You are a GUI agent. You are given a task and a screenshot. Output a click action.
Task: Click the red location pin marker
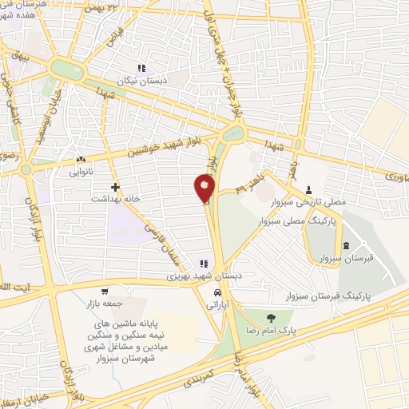click(204, 189)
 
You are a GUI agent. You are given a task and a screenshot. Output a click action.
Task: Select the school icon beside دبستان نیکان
click(142, 69)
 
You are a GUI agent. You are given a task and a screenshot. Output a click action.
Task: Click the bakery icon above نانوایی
click(81, 160)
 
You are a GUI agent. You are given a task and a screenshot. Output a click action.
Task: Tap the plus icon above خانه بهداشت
click(116, 187)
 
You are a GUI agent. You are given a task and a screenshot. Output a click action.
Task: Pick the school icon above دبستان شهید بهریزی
click(204, 264)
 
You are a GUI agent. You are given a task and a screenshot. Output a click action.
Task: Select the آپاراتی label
click(216, 306)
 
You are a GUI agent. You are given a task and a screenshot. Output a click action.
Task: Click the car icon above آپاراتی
click(216, 294)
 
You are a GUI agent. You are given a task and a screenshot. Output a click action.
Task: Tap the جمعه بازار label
click(103, 304)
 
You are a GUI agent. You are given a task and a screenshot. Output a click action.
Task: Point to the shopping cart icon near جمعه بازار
click(105, 292)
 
